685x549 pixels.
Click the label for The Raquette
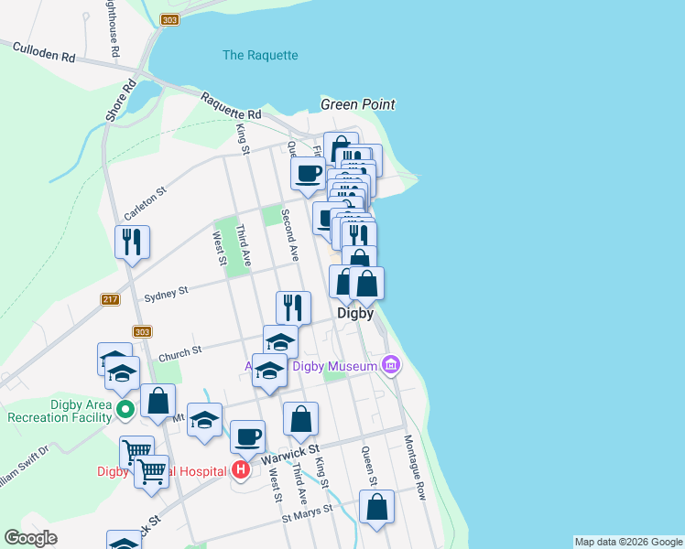(260, 55)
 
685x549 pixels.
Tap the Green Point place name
(357, 104)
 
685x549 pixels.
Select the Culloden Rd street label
(44, 53)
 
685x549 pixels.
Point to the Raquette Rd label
(231, 106)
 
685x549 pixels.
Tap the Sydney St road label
(166, 292)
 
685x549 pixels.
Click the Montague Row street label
(415, 466)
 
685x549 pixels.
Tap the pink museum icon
(391, 365)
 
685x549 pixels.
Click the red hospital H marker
(240, 471)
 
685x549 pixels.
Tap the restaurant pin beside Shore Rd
(132, 242)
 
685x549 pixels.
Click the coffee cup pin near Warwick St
(247, 436)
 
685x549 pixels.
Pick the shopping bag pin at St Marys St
(376, 506)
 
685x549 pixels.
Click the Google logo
(31, 538)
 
